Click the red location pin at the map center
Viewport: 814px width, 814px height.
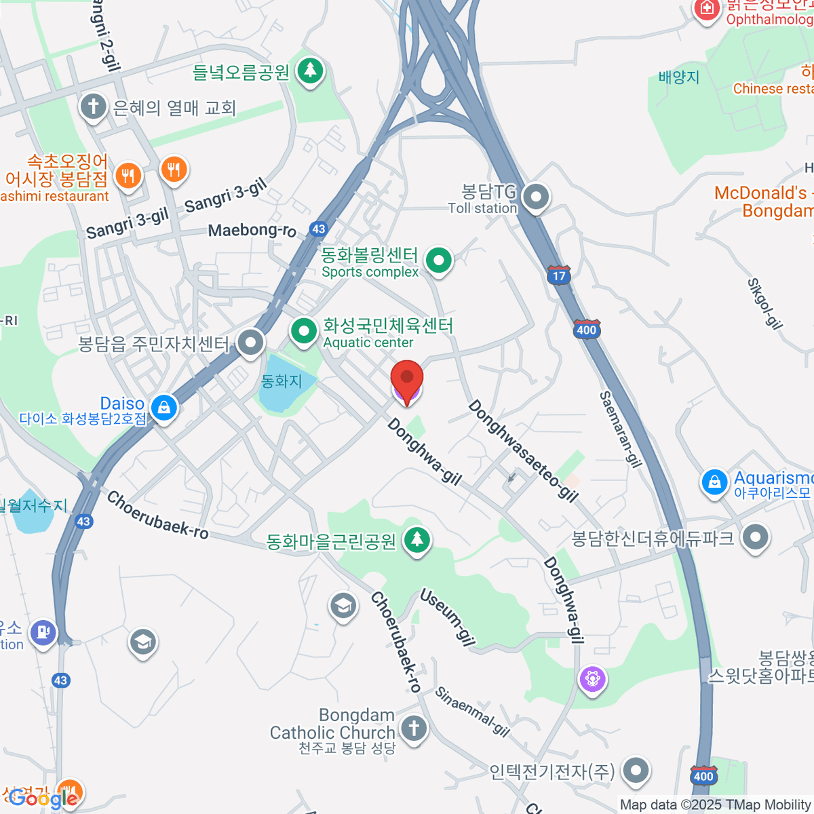(407, 379)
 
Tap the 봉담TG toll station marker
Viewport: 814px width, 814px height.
(537, 197)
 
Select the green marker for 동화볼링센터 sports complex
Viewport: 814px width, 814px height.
(439, 260)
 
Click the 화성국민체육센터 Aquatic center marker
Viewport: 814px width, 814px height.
(304, 331)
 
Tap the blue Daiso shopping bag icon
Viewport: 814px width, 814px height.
(163, 408)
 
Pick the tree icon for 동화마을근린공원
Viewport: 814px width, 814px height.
(416, 540)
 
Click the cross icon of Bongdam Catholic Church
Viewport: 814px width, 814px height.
(414, 729)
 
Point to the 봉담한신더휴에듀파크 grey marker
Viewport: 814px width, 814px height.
(754, 538)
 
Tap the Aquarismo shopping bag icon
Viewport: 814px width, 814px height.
(714, 482)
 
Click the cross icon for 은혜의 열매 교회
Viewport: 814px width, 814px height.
(93, 106)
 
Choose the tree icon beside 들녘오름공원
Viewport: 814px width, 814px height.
(311, 70)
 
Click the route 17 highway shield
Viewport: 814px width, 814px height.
(559, 275)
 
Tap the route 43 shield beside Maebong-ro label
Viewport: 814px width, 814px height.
(319, 229)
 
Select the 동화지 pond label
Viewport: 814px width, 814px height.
(281, 381)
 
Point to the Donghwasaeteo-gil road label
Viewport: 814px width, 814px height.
(523, 451)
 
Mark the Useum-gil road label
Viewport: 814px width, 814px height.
(448, 617)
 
